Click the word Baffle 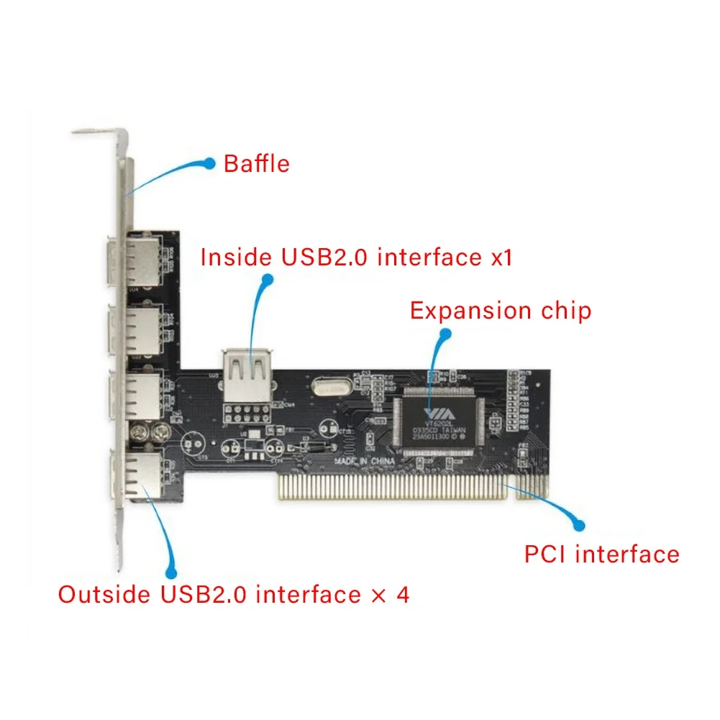(x=256, y=163)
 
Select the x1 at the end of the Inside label (x=501, y=257)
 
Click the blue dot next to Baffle (x=209, y=164)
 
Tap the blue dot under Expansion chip (x=445, y=334)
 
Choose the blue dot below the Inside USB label (x=268, y=279)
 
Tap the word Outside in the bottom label (x=106, y=595)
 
